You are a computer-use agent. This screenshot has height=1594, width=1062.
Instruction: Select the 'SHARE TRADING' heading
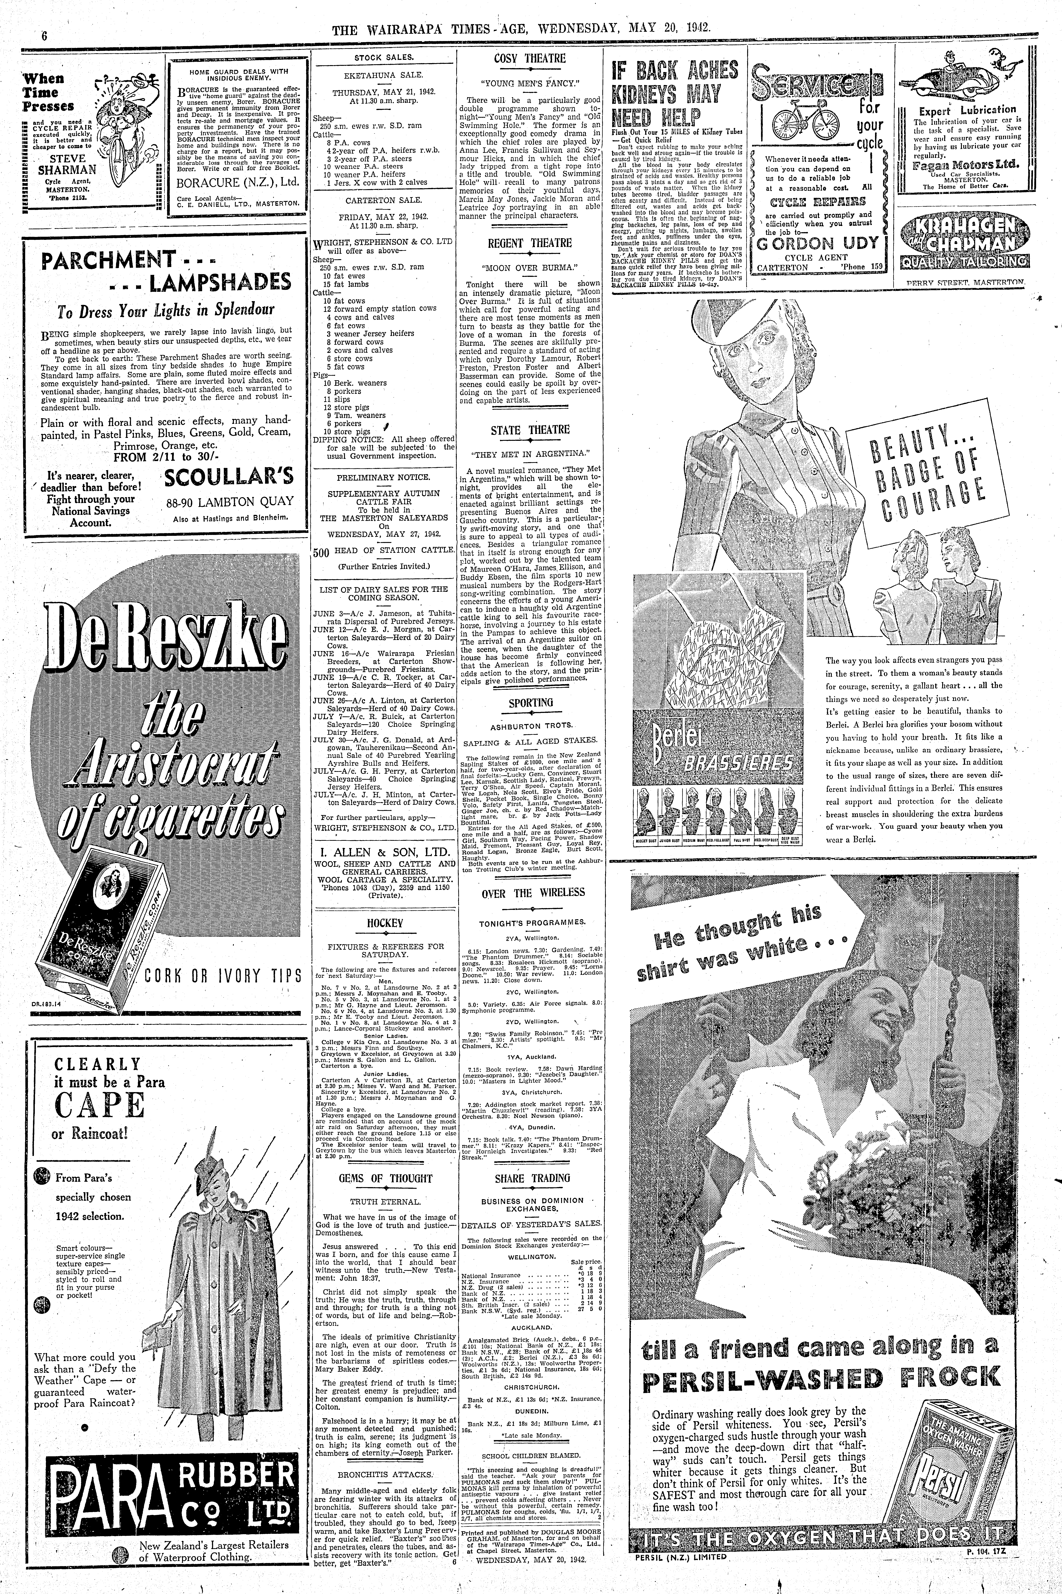tap(532, 1178)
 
